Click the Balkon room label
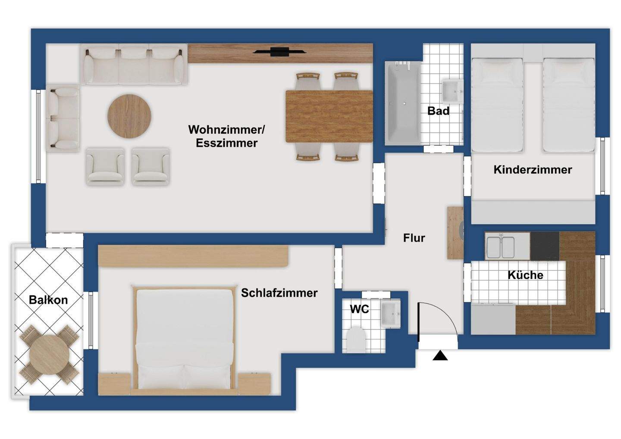(48, 300)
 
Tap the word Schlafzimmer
(279, 293)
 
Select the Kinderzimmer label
(533, 169)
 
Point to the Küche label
(525, 275)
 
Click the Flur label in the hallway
(414, 238)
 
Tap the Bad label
(438, 111)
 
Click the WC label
(360, 309)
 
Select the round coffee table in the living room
(129, 116)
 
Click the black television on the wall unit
(280, 52)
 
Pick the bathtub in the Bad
(403, 103)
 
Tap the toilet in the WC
(356, 339)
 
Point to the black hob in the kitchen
(545, 246)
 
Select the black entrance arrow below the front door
(440, 356)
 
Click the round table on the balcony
(49, 355)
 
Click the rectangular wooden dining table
(329, 116)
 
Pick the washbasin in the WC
(391, 314)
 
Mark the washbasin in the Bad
(452, 91)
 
